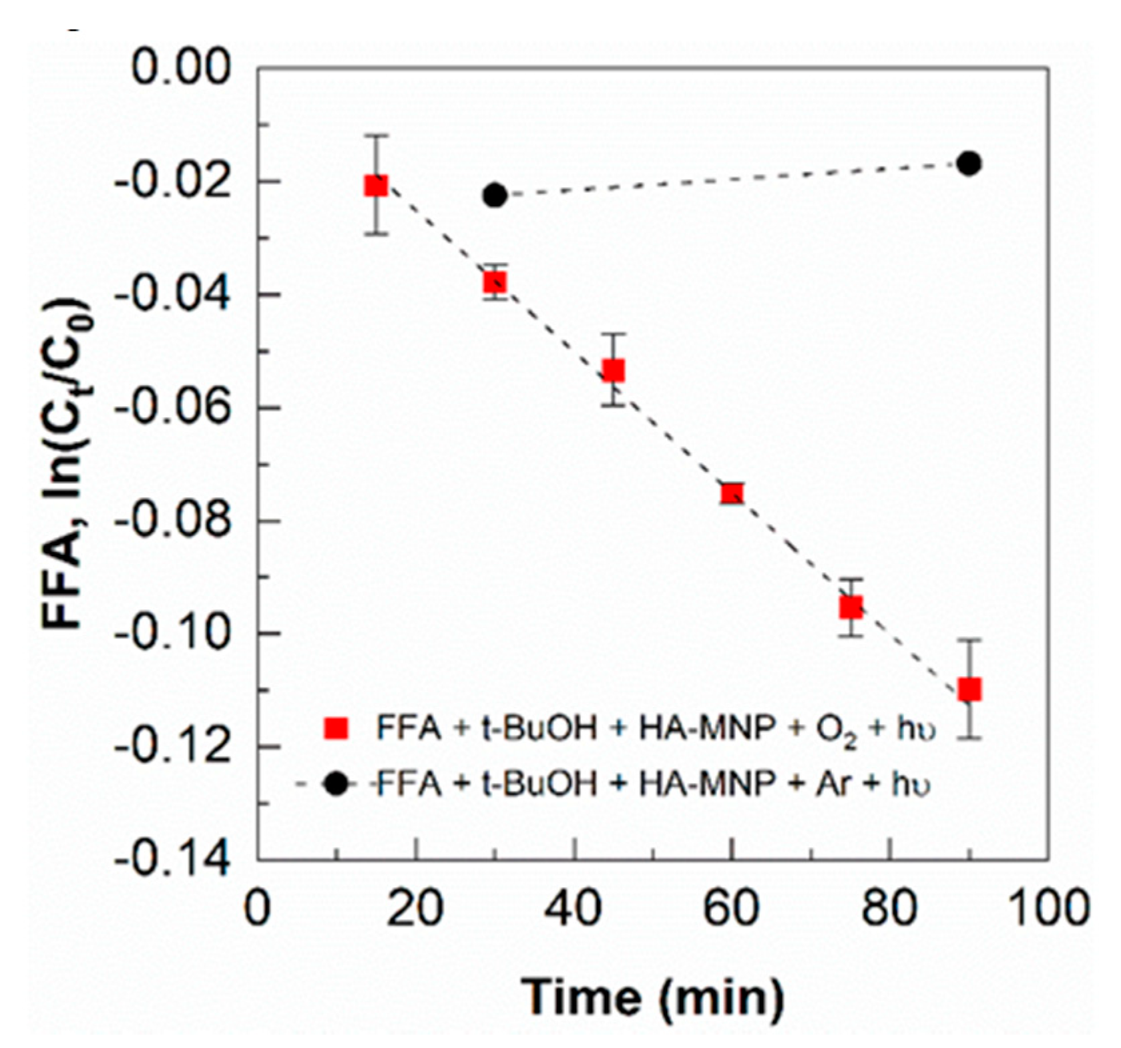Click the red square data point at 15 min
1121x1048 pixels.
pos(377,186)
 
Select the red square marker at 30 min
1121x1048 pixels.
pos(495,283)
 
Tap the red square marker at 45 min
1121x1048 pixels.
pos(613,370)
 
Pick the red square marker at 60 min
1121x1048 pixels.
pos(732,493)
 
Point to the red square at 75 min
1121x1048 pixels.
pos(851,607)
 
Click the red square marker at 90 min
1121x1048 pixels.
pos(969,689)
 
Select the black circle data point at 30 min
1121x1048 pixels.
pos(495,196)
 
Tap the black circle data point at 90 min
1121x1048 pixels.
pos(969,164)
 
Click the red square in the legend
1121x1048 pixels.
pos(336,728)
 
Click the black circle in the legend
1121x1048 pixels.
pos(336,784)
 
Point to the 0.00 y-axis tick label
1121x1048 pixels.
pos(181,68)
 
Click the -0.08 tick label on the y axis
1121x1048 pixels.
pos(174,521)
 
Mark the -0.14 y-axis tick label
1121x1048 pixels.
pos(174,860)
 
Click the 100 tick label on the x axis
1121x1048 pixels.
pos(1047,908)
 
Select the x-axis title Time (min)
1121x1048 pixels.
pos(652,997)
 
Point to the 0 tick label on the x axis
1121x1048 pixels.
pos(258,908)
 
